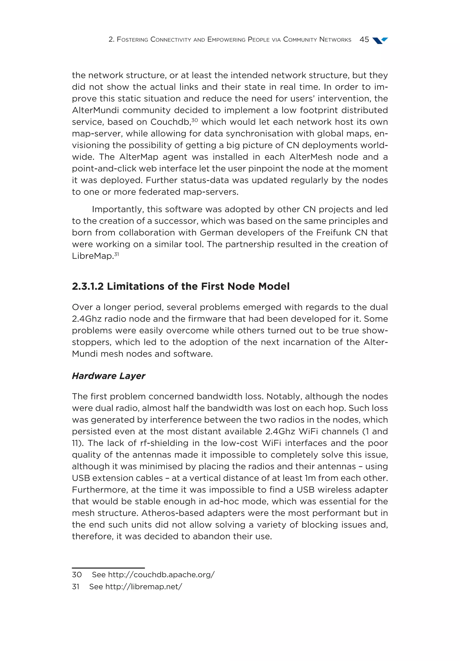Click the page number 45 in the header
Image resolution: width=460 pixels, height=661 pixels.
[x=364, y=40]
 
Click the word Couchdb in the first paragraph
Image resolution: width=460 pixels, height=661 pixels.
[x=170, y=122]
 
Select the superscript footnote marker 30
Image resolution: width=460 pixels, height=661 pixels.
[x=195, y=119]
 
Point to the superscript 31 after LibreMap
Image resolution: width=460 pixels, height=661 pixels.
[x=116, y=254]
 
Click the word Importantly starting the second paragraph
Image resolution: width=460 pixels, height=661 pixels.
[x=118, y=209]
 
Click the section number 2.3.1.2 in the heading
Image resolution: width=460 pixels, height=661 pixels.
[x=88, y=286]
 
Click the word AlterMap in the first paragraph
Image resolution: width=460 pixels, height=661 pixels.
[x=139, y=157]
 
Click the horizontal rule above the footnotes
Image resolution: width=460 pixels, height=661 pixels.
[x=108, y=568]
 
